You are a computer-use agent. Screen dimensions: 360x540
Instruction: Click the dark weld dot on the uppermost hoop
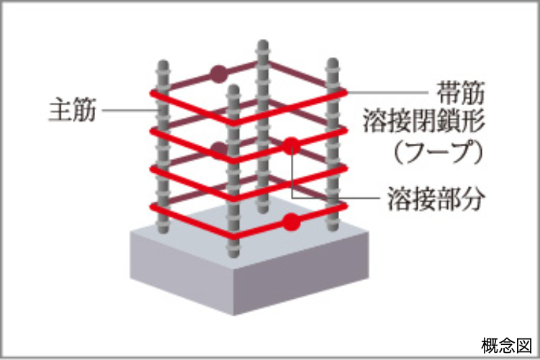coord(218,73)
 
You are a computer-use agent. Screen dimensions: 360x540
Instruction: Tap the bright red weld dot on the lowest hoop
coord(291,222)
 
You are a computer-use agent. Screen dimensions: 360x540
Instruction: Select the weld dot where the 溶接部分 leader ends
coord(291,145)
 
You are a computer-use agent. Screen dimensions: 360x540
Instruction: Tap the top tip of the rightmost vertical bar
coord(332,63)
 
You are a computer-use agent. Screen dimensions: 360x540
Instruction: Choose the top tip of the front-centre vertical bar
coord(233,90)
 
